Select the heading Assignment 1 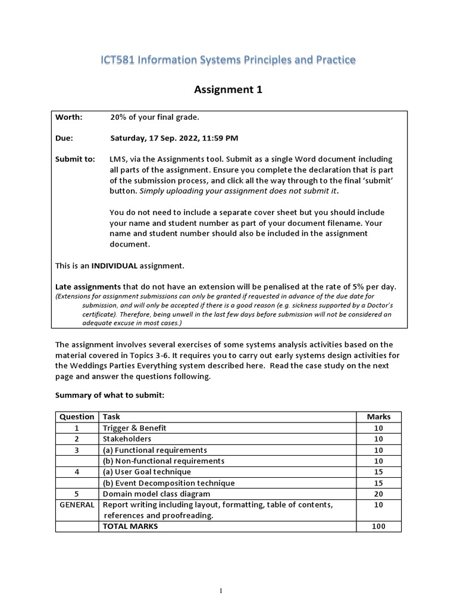pyautogui.click(x=228, y=90)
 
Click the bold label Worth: pyautogui.click(x=69, y=117)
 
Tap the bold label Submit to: pyautogui.click(x=75, y=159)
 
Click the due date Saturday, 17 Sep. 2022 pyautogui.click(x=154, y=138)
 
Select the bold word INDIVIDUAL pyautogui.click(x=114, y=265)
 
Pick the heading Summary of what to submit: pyautogui.click(x=109, y=395)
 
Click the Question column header pyautogui.click(x=77, y=417)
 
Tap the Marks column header pyautogui.click(x=378, y=417)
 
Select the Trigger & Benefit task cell pyautogui.click(x=134, y=428)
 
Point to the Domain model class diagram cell pyautogui.click(x=156, y=494)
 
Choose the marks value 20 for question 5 pyautogui.click(x=378, y=494)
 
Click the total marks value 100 pyautogui.click(x=378, y=526)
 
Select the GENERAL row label pyautogui.click(x=77, y=505)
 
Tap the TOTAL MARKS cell pyautogui.click(x=130, y=526)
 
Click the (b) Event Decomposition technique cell pyautogui.click(x=169, y=483)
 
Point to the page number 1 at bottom pyautogui.click(x=221, y=591)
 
